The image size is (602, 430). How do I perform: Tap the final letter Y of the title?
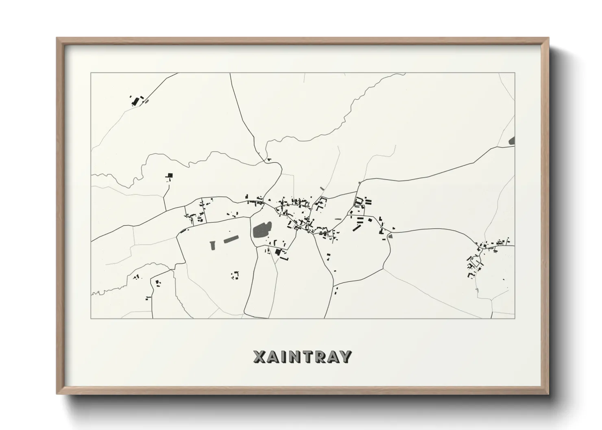click(x=345, y=356)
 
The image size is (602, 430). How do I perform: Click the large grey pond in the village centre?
click(x=260, y=231)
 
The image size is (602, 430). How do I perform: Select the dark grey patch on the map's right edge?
click(x=512, y=141)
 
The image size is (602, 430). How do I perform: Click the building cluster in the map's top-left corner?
click(x=136, y=100)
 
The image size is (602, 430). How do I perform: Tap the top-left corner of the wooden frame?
click(x=58, y=39)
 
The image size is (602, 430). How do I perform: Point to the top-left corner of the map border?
click(x=91, y=73)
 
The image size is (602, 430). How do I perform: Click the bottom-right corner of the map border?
click(x=515, y=318)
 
